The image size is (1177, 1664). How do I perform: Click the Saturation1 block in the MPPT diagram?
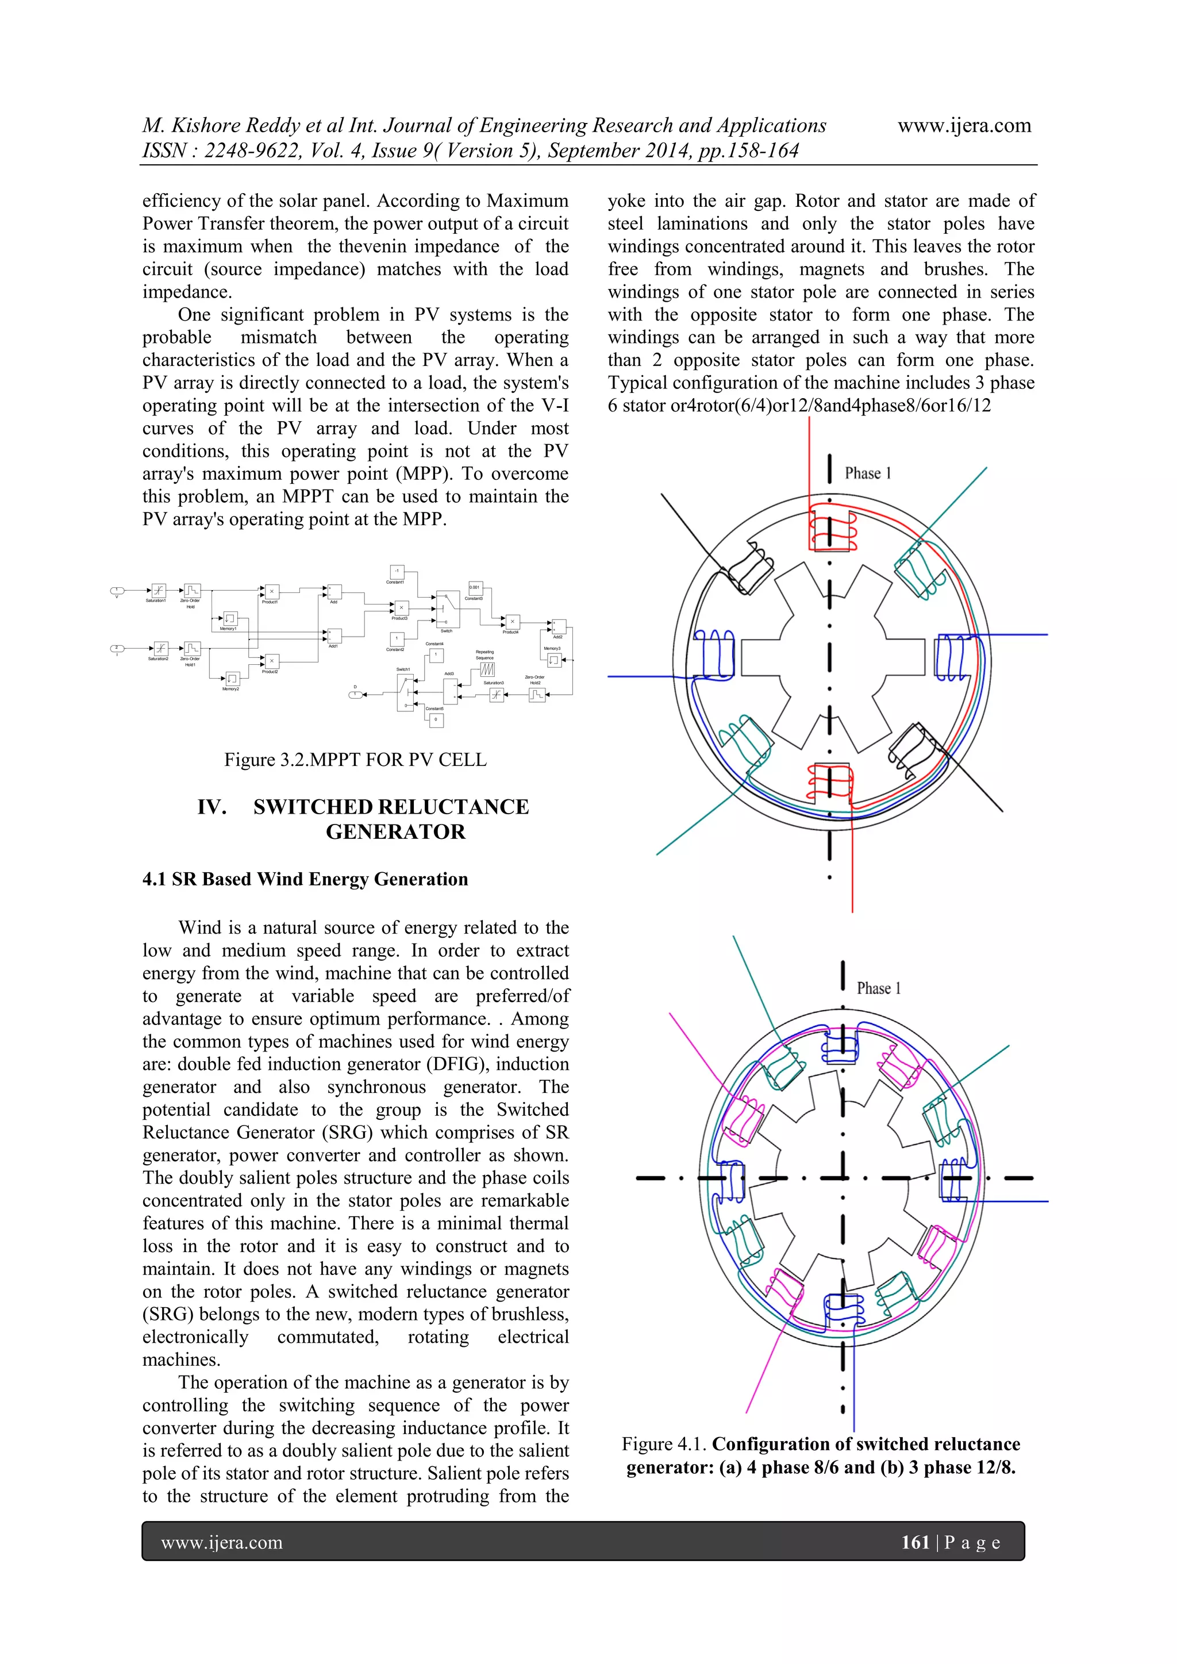point(158,590)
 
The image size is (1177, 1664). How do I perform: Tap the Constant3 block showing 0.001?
point(475,588)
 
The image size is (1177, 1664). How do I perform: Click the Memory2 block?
point(232,679)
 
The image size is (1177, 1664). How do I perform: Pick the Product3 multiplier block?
point(401,608)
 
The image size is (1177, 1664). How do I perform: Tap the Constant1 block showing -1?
point(397,572)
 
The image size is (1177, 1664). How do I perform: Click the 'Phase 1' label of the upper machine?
point(868,473)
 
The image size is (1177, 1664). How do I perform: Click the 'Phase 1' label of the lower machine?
point(878,988)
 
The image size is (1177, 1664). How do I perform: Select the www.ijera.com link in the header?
point(964,125)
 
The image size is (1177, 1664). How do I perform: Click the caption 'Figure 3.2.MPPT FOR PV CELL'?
point(355,760)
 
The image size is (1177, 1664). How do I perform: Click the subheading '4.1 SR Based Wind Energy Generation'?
point(305,879)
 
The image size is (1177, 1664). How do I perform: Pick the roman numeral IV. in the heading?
point(211,807)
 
